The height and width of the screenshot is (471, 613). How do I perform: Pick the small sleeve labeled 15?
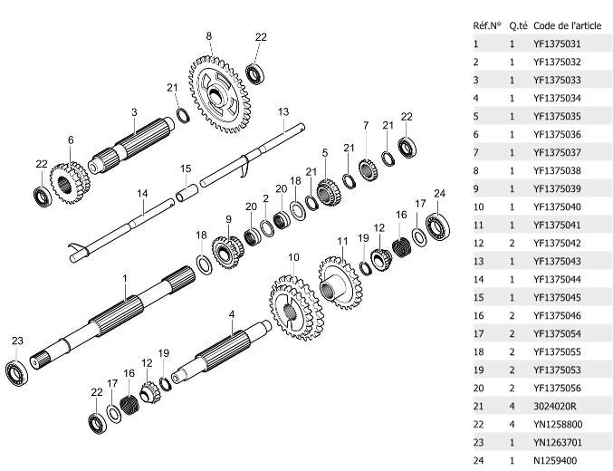pyautogui.click(x=187, y=192)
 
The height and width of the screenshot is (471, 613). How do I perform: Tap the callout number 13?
pyautogui.click(x=283, y=111)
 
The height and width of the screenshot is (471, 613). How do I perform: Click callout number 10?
pyautogui.click(x=293, y=258)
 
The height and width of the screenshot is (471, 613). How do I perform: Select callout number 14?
pyautogui.click(x=142, y=194)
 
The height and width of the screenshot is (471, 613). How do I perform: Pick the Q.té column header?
pyautogui.click(x=517, y=24)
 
